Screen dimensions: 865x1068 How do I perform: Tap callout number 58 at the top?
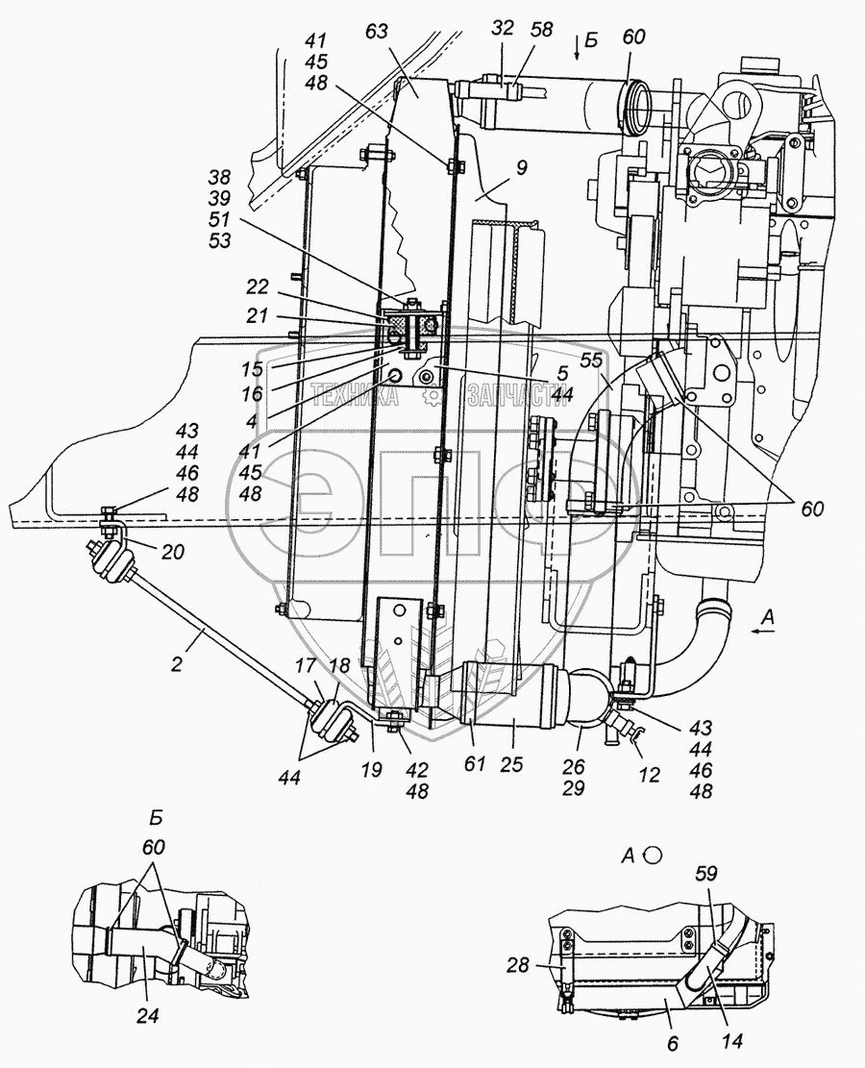tap(543, 30)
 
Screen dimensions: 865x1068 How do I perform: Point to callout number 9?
tap(520, 167)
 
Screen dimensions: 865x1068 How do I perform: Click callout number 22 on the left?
tap(258, 287)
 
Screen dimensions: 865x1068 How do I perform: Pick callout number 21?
tap(258, 316)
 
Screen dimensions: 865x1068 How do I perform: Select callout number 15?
tap(251, 369)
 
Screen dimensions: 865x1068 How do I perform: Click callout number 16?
tap(251, 394)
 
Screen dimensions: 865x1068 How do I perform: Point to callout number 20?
tap(172, 552)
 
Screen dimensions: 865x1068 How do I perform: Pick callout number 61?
tap(474, 763)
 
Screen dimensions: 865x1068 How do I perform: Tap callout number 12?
tap(649, 774)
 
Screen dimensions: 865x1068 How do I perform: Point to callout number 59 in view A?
tap(706, 873)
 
